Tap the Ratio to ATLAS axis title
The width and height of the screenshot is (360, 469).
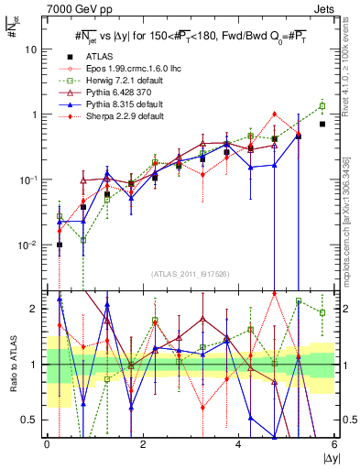pyautogui.click(x=12, y=365)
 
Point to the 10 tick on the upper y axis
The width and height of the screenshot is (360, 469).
pyautogui.click(x=32, y=49)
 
